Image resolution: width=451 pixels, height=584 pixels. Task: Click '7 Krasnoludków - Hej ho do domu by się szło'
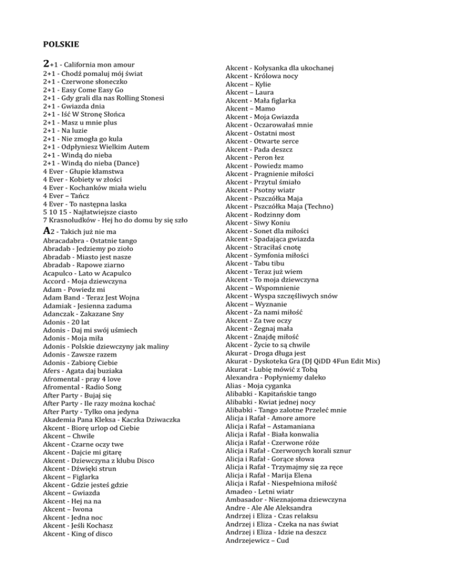(115, 220)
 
